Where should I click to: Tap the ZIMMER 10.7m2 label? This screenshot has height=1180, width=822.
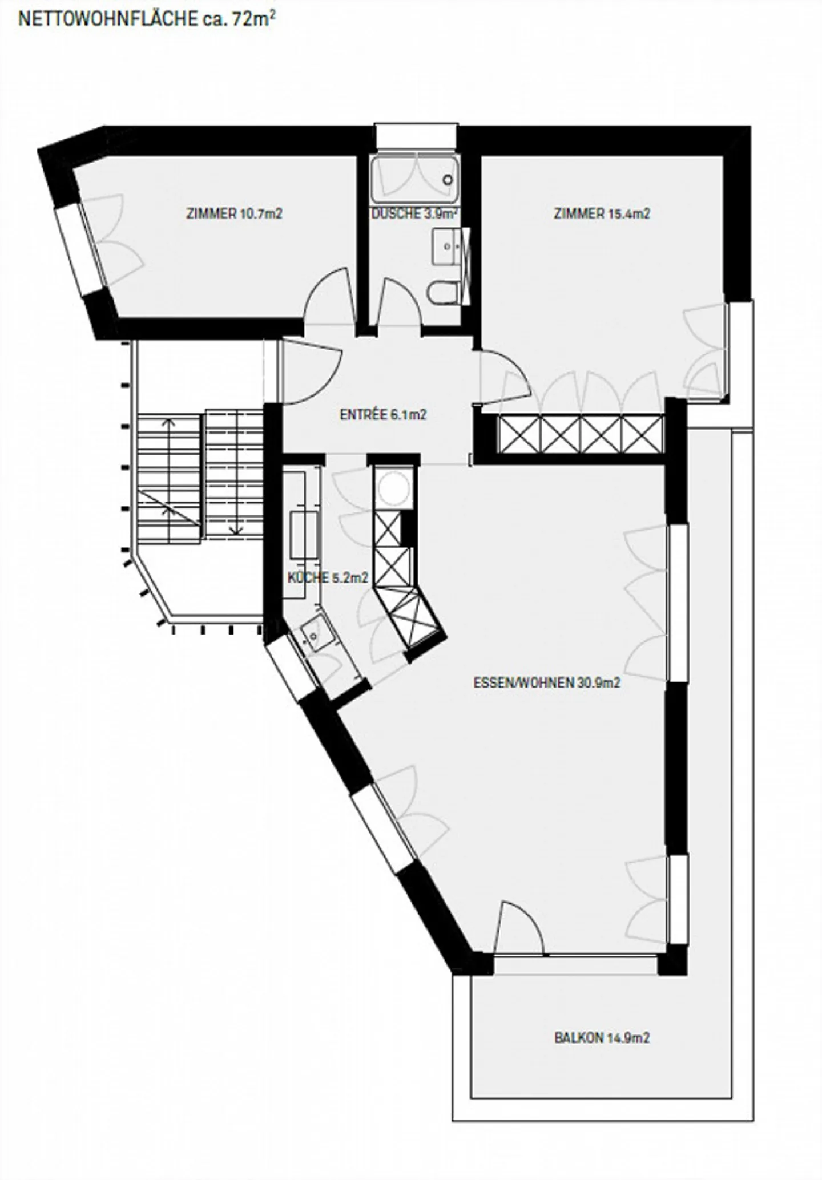[x=234, y=214]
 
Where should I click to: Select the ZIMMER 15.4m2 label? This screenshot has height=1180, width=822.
[x=602, y=214]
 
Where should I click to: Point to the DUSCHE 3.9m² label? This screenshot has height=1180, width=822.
[x=414, y=215]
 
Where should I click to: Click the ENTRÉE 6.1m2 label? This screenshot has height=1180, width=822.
[x=383, y=415]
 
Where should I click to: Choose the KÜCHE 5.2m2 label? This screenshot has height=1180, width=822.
[x=327, y=578]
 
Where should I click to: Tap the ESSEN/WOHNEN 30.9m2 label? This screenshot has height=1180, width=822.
[x=546, y=683]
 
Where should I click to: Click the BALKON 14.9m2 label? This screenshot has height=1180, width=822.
[x=602, y=1038]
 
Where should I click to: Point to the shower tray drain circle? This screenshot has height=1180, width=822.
[x=448, y=180]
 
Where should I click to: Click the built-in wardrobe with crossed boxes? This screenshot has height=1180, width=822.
[x=581, y=435]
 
